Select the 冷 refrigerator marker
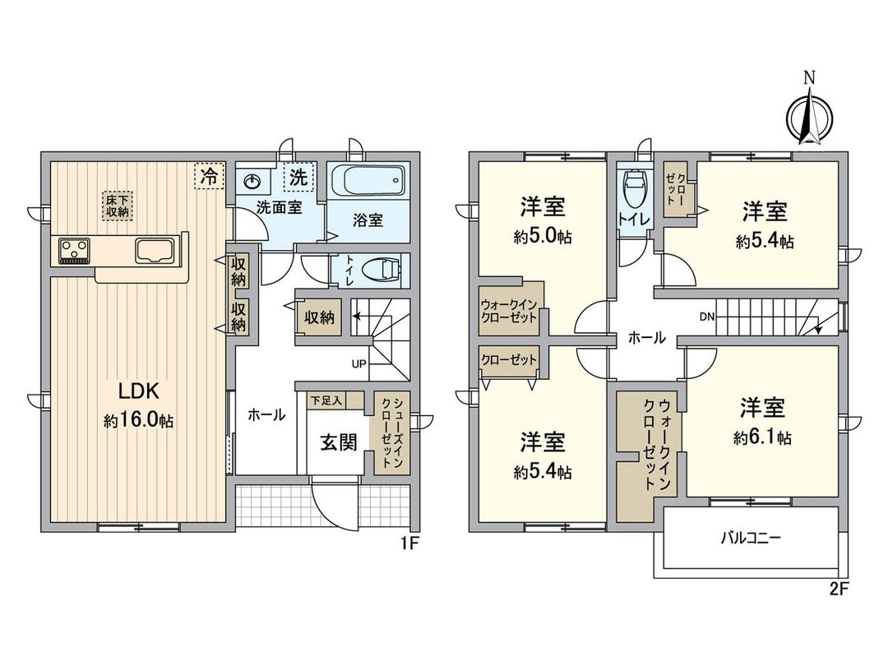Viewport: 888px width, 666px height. point(210,175)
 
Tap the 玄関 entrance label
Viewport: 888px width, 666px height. point(338,442)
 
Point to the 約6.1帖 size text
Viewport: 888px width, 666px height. point(763,438)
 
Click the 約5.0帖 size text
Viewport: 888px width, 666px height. point(543,238)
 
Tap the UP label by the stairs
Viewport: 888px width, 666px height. point(359,363)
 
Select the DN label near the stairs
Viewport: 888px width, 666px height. point(707,317)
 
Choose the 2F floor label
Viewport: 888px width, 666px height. point(839,589)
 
